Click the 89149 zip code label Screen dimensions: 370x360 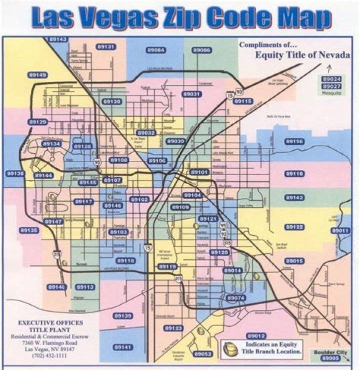pos(38,75)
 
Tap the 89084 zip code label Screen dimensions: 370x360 pos(156,50)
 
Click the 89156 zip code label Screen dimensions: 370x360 pos(294,141)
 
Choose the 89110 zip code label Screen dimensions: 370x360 pos(294,173)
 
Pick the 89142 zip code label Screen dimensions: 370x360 pos(294,198)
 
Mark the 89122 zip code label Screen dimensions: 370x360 pos(294,227)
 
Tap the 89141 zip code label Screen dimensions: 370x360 pos(123,347)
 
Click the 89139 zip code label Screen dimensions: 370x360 pos(123,316)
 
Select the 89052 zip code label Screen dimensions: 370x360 pos(203,354)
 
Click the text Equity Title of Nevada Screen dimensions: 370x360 pos(302,55)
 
